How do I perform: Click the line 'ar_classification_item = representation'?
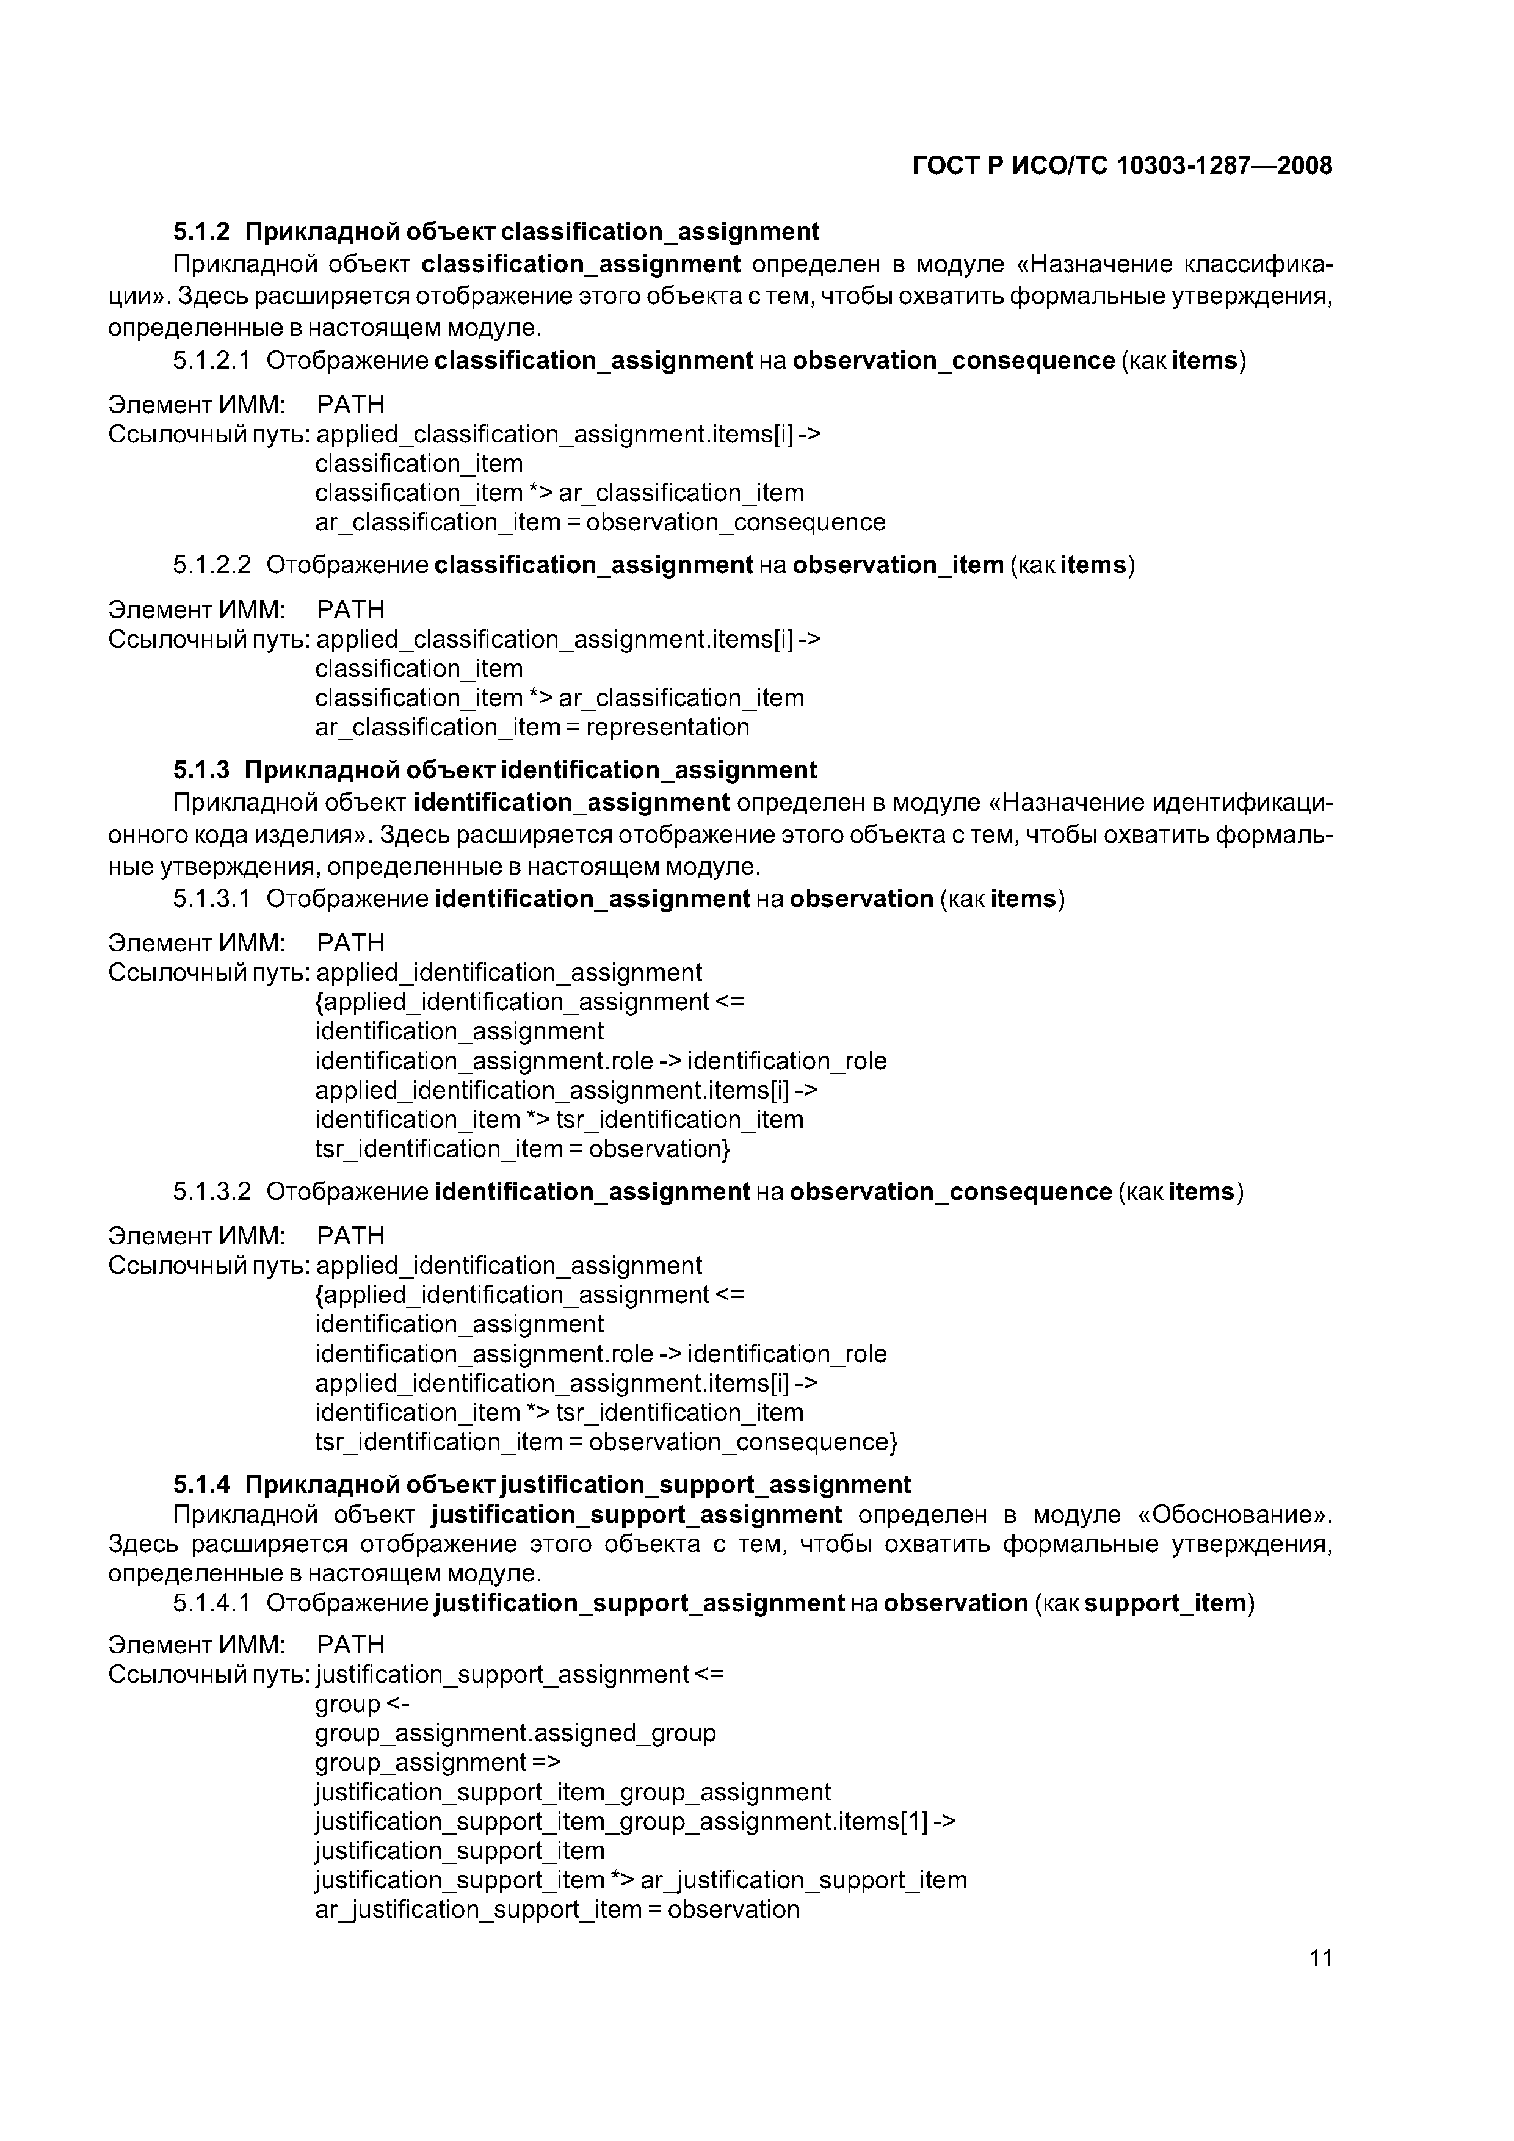click(x=532, y=728)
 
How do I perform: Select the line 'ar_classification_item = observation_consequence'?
click(x=600, y=522)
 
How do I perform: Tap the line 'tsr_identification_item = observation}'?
click(x=523, y=1149)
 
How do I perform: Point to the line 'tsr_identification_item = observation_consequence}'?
click(x=606, y=1443)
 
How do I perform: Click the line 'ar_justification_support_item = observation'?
click(x=557, y=1910)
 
